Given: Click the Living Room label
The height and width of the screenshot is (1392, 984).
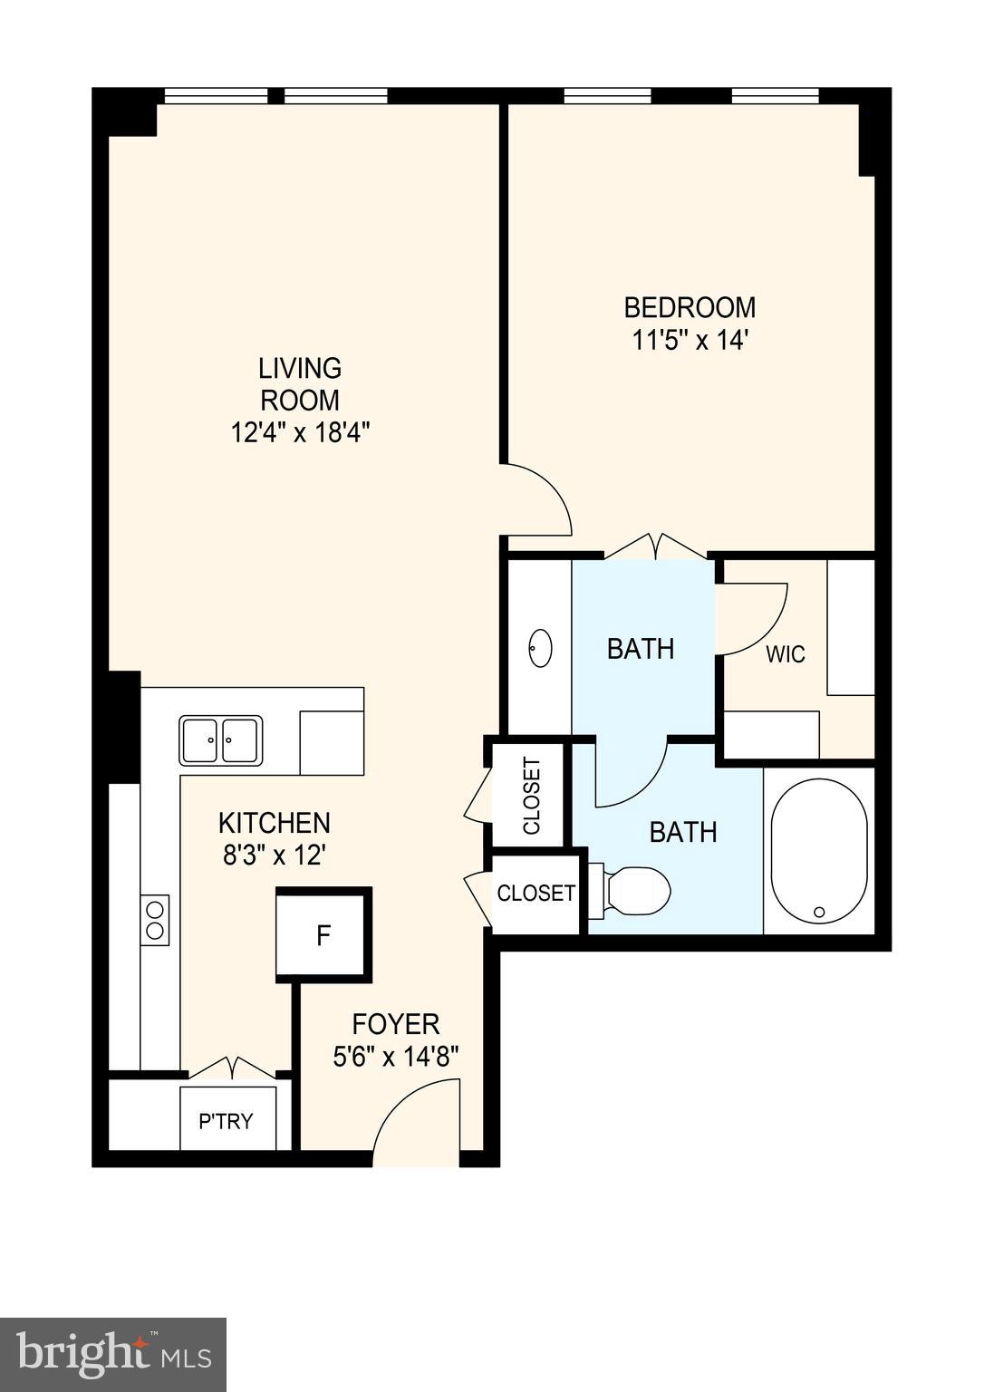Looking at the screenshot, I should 300,383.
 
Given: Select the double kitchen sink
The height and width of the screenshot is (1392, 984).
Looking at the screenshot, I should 221,740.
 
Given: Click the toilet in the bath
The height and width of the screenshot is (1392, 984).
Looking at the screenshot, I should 633,891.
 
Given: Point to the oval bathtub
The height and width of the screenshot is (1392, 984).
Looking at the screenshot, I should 819,851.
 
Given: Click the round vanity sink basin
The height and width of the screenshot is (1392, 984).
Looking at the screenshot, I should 541,648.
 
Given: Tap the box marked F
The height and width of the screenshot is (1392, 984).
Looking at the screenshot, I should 323,934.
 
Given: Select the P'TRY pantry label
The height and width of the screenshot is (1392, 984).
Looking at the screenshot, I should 226,1121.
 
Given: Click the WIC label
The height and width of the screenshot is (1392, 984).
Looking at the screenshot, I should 785,653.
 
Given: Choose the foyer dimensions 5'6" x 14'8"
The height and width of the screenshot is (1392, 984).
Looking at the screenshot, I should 396,1057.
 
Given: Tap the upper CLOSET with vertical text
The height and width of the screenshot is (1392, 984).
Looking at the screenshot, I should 531,795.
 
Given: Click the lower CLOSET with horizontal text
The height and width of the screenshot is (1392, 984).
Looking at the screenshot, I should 535,893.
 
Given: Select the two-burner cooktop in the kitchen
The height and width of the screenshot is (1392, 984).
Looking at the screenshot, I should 155,920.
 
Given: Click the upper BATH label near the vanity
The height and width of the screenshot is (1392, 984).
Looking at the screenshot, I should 641,649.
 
